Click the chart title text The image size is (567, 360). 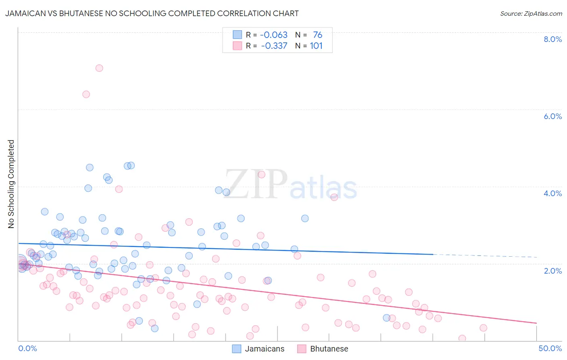(x=152, y=13)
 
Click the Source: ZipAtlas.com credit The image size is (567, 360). (x=531, y=13)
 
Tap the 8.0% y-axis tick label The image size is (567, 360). (x=552, y=39)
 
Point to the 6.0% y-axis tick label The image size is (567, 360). (x=552, y=116)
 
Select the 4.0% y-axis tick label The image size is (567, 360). (x=552, y=193)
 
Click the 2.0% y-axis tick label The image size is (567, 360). (x=552, y=271)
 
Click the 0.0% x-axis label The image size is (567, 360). (x=27, y=348)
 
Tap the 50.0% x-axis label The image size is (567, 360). (x=550, y=348)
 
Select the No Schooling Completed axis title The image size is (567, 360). (x=11, y=184)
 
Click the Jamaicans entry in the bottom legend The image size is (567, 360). (x=264, y=349)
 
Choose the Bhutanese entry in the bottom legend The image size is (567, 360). (x=329, y=349)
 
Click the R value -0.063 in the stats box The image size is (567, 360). (x=273, y=35)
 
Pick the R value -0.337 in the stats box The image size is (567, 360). (x=274, y=46)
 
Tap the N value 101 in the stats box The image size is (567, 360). (x=316, y=46)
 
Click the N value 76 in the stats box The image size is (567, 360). (x=318, y=35)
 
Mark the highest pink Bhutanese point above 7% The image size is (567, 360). (x=99, y=68)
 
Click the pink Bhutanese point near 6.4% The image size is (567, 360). (x=86, y=94)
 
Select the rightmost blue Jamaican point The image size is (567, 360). (x=386, y=318)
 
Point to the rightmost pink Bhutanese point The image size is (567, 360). (x=483, y=328)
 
